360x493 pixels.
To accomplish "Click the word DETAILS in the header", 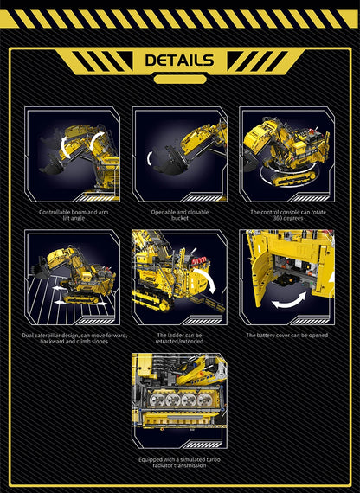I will point(179,60).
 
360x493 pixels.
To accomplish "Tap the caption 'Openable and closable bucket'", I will point(179,214).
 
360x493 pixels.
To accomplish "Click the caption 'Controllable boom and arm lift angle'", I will point(73,214).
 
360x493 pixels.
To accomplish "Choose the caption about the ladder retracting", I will point(179,337).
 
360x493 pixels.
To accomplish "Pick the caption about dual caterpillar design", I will point(73,337).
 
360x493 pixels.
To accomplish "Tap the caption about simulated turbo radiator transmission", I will point(179,463).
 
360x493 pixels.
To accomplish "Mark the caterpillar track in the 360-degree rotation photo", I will point(286,177).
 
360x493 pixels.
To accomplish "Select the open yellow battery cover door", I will point(257,277).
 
